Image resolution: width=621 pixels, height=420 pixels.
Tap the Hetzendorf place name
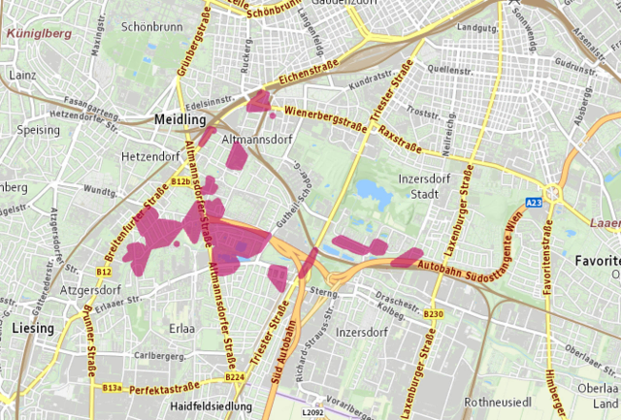[147, 156]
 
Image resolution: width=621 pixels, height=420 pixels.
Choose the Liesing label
[35, 329]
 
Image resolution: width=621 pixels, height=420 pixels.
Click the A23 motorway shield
[534, 202]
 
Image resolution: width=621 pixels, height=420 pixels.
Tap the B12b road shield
[180, 181]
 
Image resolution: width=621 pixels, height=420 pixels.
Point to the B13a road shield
[112, 387]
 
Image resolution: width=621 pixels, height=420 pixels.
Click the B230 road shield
[433, 313]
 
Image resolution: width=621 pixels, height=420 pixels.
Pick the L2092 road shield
[312, 412]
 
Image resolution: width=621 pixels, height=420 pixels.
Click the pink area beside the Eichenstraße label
[259, 101]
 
